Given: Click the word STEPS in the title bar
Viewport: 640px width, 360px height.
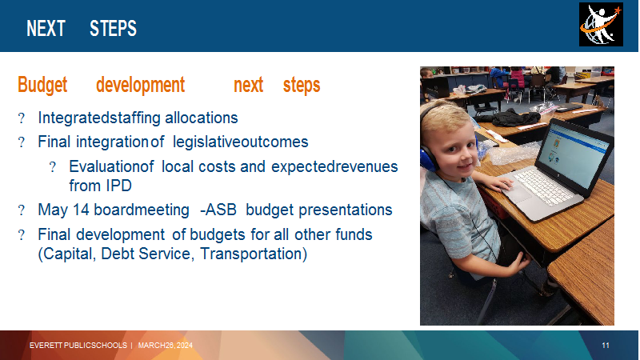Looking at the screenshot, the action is (x=113, y=29).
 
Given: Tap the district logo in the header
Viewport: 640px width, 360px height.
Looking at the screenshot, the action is (x=601, y=25).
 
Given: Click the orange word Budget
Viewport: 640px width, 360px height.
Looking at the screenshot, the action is (x=42, y=86).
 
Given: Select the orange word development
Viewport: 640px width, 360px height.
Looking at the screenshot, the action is (x=141, y=86).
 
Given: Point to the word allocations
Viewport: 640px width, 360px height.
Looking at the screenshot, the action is (x=202, y=118).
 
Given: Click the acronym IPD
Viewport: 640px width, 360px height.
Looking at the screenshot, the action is (x=118, y=186).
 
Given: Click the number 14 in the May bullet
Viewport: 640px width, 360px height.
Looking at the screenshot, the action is (x=81, y=210).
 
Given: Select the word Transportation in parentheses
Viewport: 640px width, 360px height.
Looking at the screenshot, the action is (x=254, y=254).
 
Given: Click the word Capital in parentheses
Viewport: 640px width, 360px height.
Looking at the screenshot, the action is (x=67, y=254).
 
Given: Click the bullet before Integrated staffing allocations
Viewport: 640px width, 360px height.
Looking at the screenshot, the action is (x=22, y=118).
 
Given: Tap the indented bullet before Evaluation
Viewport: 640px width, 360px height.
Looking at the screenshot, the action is (x=52, y=167).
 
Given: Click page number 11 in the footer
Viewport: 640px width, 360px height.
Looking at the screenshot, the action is (x=606, y=346).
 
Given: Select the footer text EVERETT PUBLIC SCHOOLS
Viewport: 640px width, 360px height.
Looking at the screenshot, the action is (x=78, y=346).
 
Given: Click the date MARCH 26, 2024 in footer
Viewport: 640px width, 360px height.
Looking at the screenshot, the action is (x=166, y=346).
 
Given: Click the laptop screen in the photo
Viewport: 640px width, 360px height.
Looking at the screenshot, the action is (x=576, y=153).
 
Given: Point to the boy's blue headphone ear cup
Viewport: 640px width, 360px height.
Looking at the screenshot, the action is (x=429, y=154).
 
